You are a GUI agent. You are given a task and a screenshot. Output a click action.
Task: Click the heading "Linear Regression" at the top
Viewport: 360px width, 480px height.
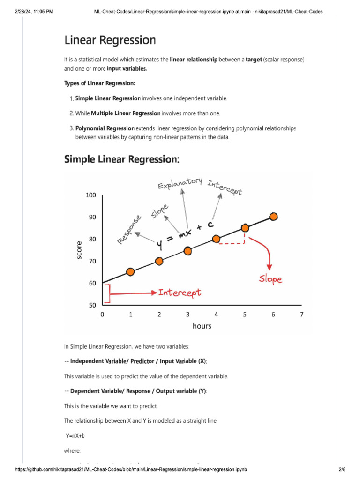tap(110, 40)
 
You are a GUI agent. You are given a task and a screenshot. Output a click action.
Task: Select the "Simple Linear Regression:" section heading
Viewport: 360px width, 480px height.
tap(121, 159)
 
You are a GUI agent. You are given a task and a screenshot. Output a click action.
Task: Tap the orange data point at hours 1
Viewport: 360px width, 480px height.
tap(130, 272)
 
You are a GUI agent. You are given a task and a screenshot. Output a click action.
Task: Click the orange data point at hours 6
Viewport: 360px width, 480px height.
tap(274, 217)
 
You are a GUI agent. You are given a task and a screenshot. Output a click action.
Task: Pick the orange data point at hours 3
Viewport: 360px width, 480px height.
tap(187, 251)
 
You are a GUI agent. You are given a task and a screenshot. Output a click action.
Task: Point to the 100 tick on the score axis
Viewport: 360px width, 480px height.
tap(90, 195)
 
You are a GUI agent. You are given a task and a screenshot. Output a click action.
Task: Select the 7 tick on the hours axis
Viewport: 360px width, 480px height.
tap(302, 315)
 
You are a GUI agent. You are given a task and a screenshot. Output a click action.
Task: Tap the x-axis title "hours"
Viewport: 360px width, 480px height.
tap(202, 326)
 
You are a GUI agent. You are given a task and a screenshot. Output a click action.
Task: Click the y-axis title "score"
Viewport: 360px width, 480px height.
tap(79, 250)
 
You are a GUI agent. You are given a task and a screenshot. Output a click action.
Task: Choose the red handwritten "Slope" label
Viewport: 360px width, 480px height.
tap(271, 279)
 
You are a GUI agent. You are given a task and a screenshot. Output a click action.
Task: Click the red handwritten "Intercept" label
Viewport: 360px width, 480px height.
tap(180, 292)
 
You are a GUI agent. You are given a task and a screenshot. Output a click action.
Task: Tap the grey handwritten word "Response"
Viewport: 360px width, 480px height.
tap(129, 230)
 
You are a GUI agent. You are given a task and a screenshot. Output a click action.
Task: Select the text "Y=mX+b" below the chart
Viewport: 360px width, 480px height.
tap(75, 435)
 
